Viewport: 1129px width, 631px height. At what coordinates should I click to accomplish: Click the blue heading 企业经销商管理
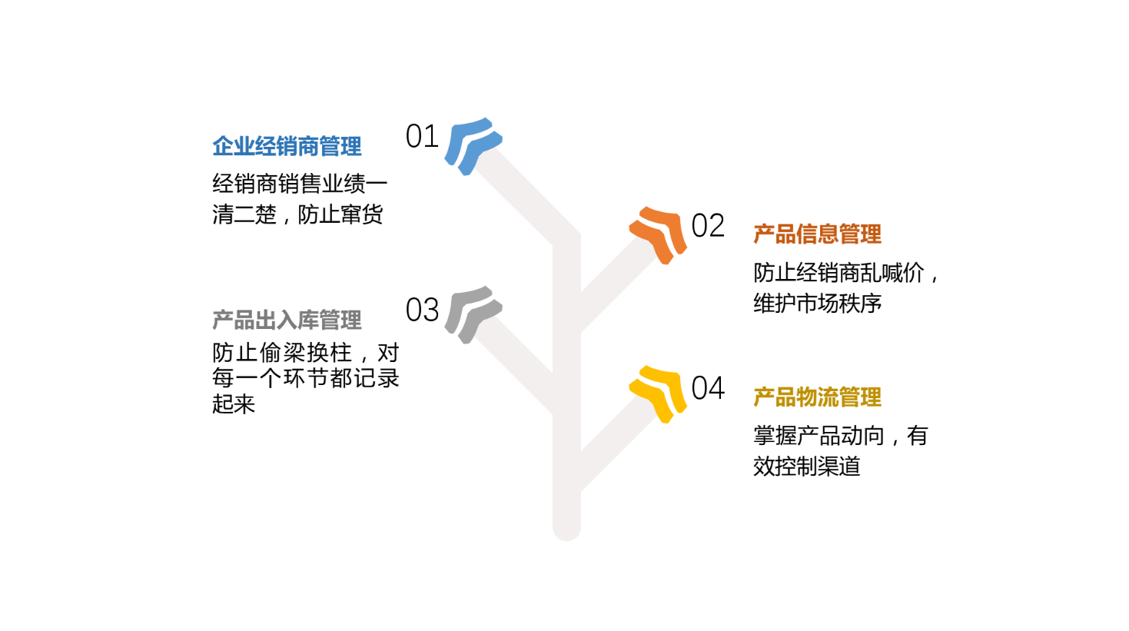tap(287, 147)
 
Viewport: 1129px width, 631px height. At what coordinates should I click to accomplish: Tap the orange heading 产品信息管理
tap(818, 234)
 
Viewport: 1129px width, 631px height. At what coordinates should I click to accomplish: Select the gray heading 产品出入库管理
tap(287, 320)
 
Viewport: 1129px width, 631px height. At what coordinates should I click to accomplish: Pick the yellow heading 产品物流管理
tap(818, 397)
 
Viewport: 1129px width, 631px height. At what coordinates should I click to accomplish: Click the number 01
tap(423, 136)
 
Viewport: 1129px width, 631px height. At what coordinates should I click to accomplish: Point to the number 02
tap(708, 225)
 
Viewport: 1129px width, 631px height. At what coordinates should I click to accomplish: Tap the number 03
tap(423, 310)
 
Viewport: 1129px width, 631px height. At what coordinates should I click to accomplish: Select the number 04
tap(708, 388)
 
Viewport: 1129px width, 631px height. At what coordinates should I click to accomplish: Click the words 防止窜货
tap(340, 214)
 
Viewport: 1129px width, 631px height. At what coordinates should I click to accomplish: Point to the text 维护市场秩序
tap(818, 304)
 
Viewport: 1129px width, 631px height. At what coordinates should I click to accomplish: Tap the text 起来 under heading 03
tap(234, 404)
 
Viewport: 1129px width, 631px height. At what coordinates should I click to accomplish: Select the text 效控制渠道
tap(807, 467)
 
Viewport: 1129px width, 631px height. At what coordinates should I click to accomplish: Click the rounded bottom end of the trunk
tap(567, 534)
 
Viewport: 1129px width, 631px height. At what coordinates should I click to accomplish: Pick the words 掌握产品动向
tap(819, 436)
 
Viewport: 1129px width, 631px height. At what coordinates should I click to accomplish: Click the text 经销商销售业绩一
tap(300, 184)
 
